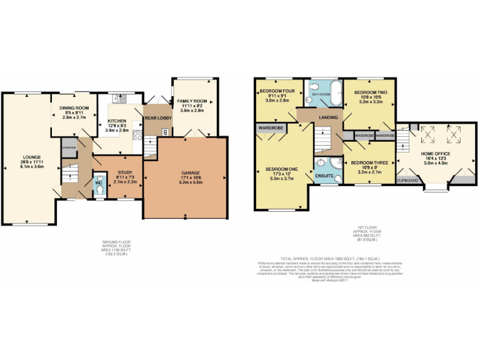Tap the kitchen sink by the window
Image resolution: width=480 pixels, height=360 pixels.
121,97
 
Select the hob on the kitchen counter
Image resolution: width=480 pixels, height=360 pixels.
136,134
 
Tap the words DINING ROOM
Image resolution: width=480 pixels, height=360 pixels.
74,108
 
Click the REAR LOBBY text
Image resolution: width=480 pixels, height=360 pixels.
158,118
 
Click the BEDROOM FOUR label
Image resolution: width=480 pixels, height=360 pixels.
277,91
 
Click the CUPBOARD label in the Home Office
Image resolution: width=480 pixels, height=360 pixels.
407,180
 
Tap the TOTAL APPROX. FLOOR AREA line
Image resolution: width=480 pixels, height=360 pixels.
312,258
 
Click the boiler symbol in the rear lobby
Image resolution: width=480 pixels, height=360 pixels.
164,131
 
